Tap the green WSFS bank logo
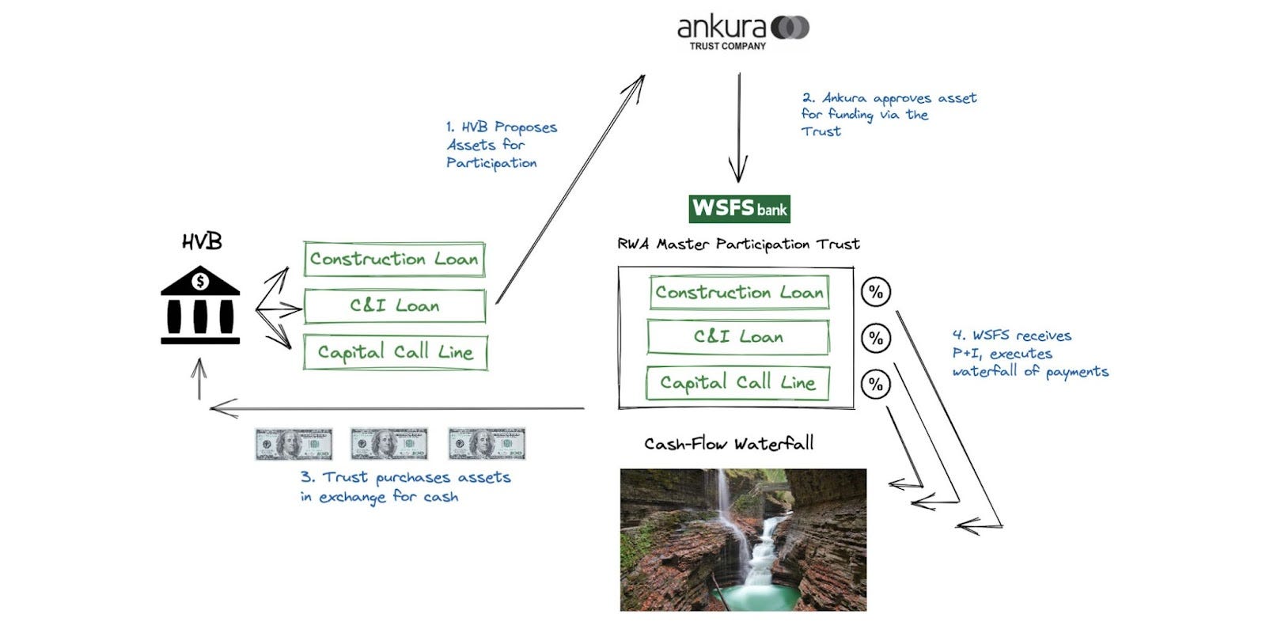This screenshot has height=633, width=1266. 739,208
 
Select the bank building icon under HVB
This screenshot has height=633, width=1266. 200,305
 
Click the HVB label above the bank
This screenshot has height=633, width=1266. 201,241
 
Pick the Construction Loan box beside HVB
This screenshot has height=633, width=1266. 394,259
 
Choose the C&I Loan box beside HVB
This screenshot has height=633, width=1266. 394,305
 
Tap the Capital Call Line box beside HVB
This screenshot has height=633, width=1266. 395,352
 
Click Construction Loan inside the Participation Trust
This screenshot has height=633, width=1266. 739,292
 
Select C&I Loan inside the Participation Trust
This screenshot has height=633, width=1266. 738,337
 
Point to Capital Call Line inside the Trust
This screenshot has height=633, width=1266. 737,383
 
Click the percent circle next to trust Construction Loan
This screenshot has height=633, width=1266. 875,292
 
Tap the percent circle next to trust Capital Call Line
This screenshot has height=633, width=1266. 875,385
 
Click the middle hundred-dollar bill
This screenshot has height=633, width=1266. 389,444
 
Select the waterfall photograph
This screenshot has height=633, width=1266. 742,540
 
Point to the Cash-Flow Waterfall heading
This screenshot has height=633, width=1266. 728,444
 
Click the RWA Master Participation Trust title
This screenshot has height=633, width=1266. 737,244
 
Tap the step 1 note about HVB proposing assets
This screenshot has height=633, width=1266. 500,145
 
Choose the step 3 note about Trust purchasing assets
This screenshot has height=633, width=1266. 404,487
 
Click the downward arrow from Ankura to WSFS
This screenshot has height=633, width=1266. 739,127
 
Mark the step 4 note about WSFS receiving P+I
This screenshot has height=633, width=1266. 1029,354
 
